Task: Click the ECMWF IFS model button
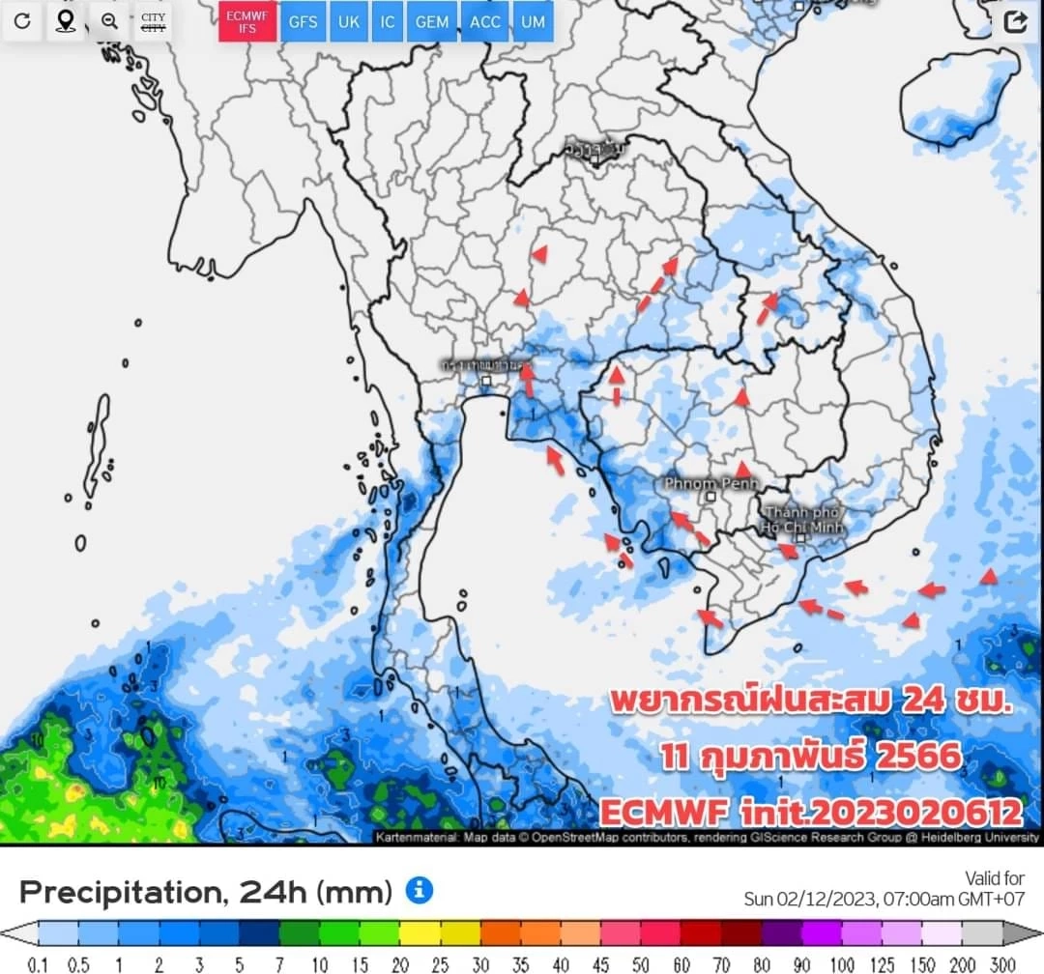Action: (x=247, y=21)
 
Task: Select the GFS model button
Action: (x=303, y=21)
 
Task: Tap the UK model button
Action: (x=348, y=21)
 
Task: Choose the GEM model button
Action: (x=431, y=21)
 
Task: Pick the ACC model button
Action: (x=485, y=21)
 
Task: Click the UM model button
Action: (x=533, y=21)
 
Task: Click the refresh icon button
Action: (x=22, y=21)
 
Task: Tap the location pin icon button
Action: (x=66, y=21)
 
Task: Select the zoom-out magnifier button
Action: (x=109, y=21)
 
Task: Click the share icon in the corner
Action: (x=1015, y=22)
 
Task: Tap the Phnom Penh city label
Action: (x=711, y=482)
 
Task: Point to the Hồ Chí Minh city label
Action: (x=802, y=520)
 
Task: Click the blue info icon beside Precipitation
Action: (x=419, y=890)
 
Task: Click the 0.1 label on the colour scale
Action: (x=39, y=964)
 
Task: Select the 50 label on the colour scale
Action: (x=641, y=964)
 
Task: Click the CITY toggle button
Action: (x=153, y=21)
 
